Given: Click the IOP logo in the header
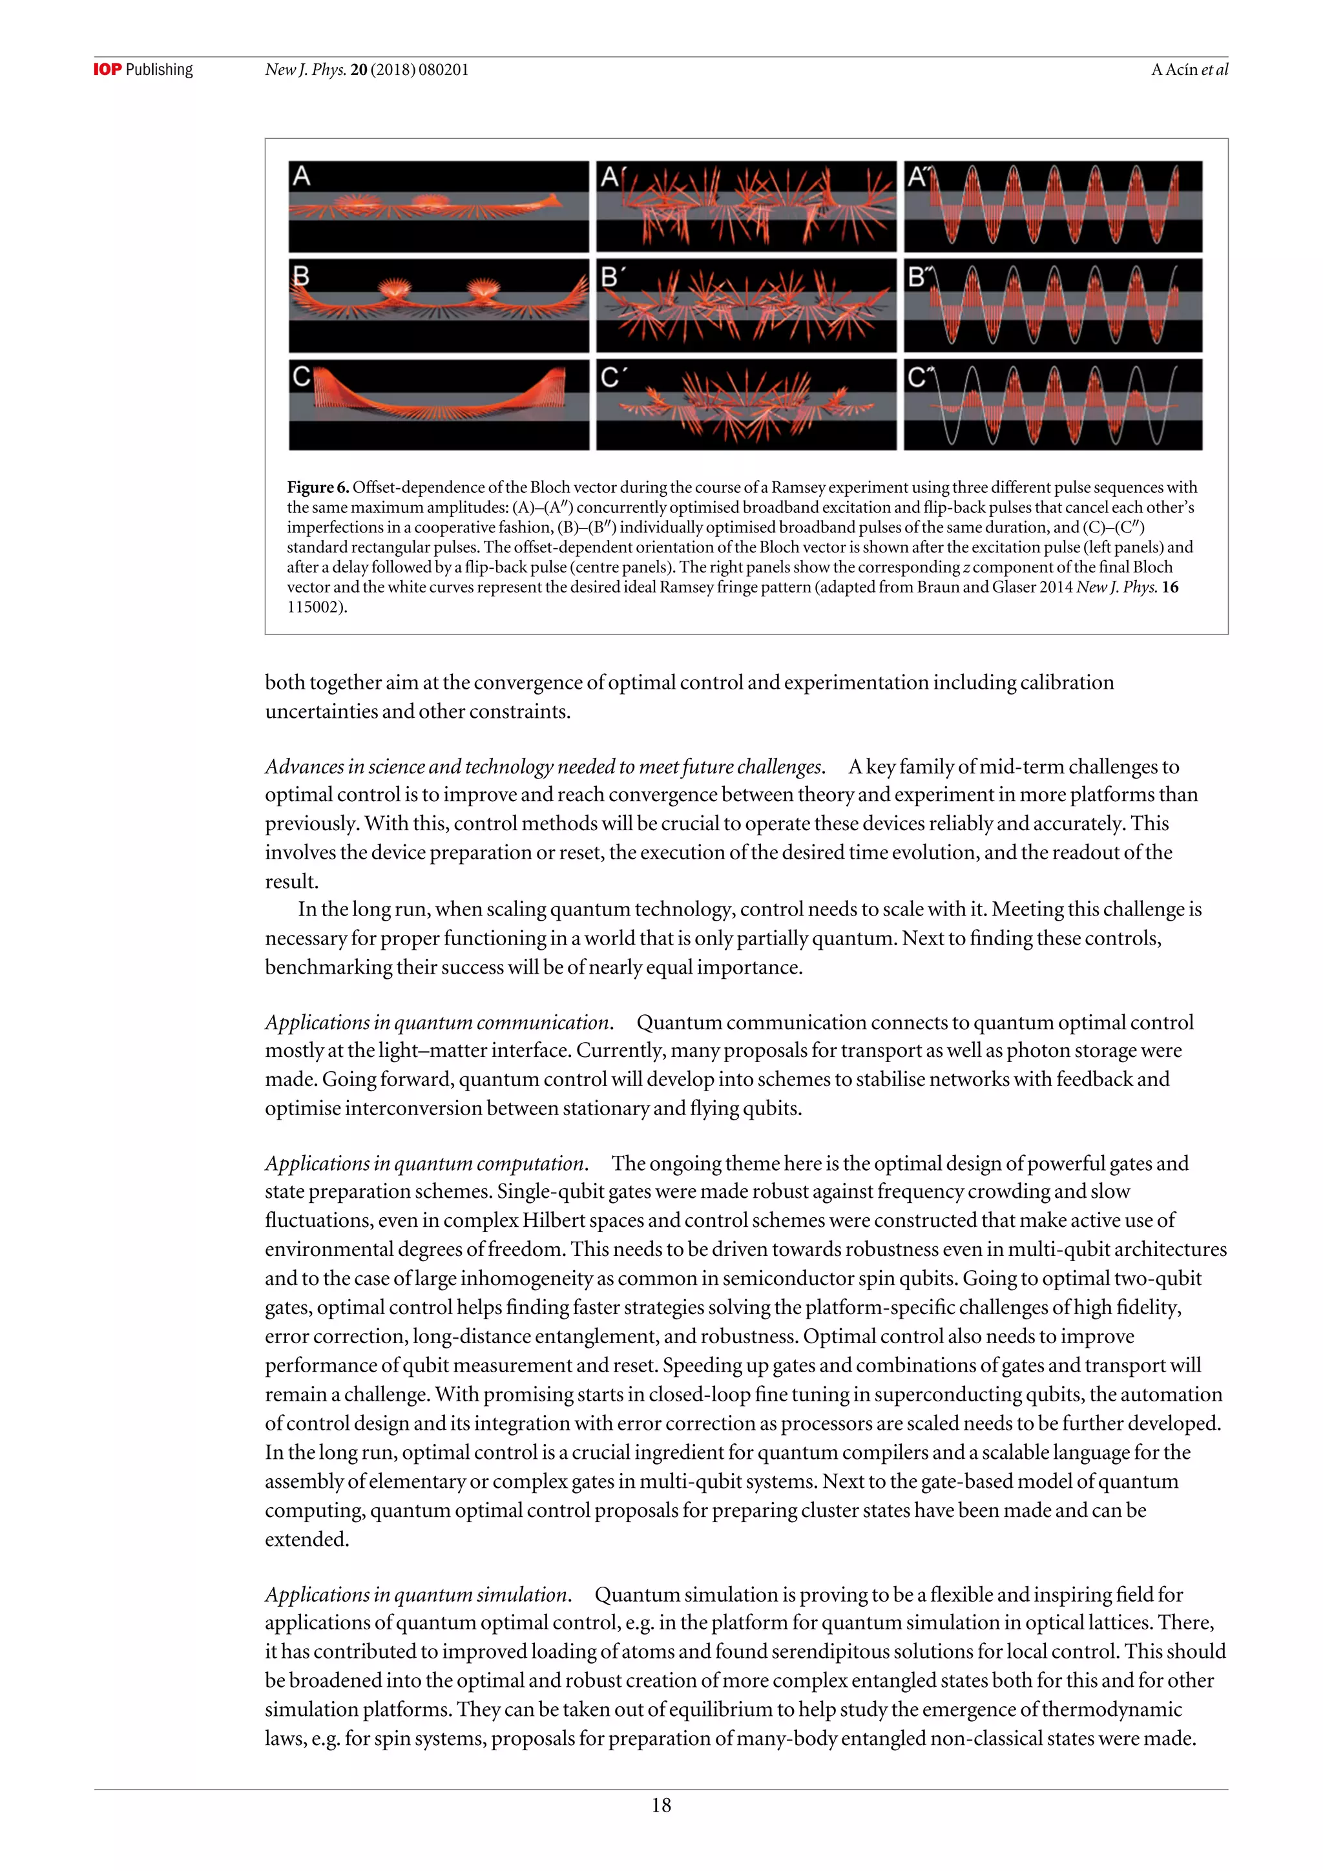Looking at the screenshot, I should click(107, 70).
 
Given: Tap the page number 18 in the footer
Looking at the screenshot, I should click(661, 1805).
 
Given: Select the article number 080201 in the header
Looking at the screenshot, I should click(443, 70).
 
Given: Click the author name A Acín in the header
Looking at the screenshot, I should click(1174, 70).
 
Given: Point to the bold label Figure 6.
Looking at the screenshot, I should click(318, 487).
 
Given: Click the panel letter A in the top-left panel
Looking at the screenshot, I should click(302, 176).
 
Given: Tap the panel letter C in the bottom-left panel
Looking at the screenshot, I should click(302, 377).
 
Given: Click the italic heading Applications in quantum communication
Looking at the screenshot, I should click(438, 1023).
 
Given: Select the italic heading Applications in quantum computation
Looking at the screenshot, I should click(425, 1163).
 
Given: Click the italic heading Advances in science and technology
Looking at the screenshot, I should click(544, 767).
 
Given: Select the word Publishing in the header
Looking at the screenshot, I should click(159, 70).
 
